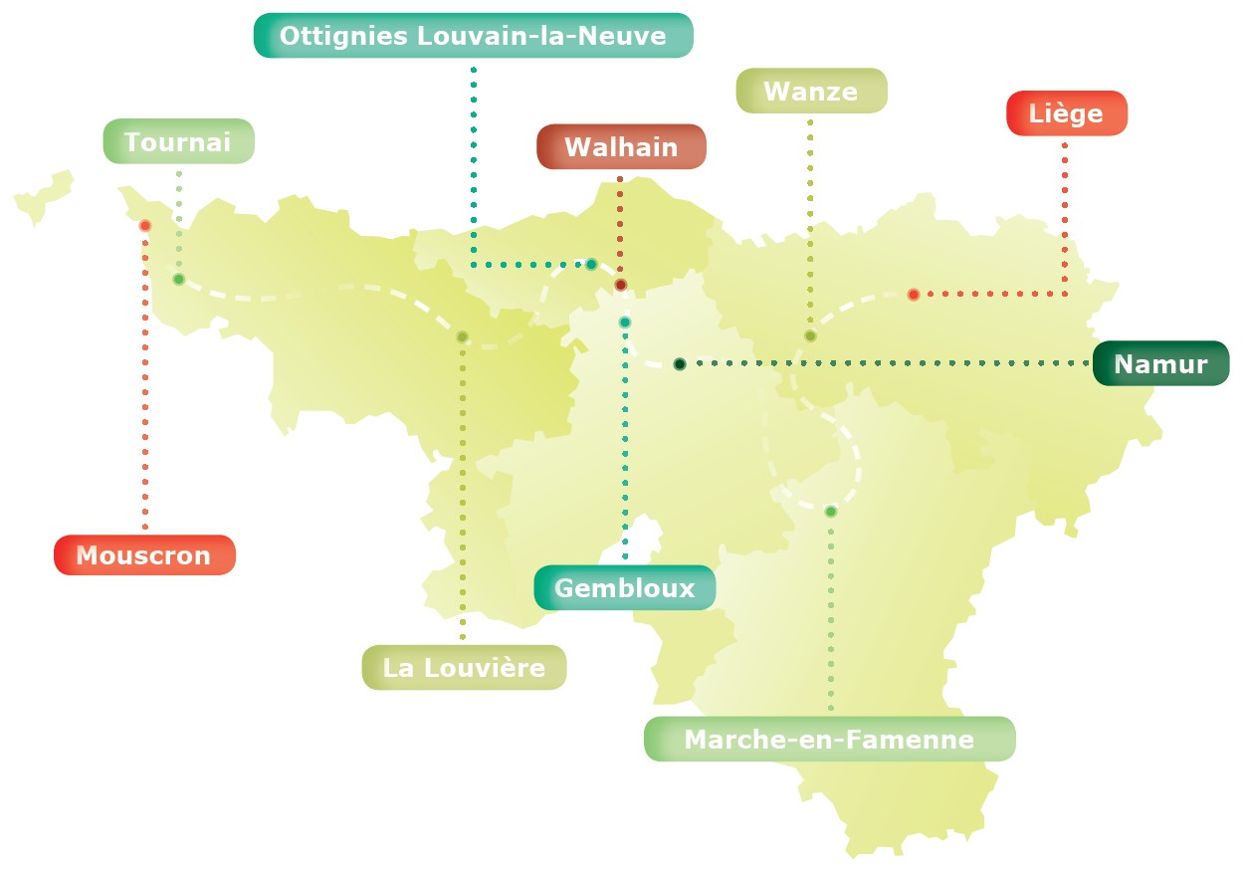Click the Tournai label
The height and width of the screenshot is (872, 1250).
click(179, 141)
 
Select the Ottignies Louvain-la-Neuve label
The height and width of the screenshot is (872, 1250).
click(473, 36)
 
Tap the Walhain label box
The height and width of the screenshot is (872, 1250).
click(621, 147)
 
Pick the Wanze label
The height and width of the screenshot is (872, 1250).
click(811, 92)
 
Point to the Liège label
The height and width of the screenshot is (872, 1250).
click(1067, 113)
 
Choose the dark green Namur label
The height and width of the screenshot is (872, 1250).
click(1160, 363)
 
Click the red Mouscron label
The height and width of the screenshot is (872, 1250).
click(144, 555)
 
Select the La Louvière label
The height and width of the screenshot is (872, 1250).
click(464, 667)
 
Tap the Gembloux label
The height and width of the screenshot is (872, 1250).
click(625, 587)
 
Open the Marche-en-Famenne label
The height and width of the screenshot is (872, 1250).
click(830, 740)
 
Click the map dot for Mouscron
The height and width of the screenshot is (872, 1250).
click(145, 226)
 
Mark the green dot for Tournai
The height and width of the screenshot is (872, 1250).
click(179, 280)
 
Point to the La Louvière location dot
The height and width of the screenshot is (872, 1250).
click(462, 336)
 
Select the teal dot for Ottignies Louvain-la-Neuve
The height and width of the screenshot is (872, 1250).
click(591, 264)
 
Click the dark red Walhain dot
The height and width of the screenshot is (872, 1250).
click(620, 286)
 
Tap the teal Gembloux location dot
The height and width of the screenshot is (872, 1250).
click(625, 323)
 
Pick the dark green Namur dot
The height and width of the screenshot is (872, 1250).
click(680, 364)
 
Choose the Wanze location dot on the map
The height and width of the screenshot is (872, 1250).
click(810, 335)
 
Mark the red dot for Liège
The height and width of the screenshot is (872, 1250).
click(914, 295)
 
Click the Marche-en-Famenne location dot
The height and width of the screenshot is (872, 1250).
click(831, 512)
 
